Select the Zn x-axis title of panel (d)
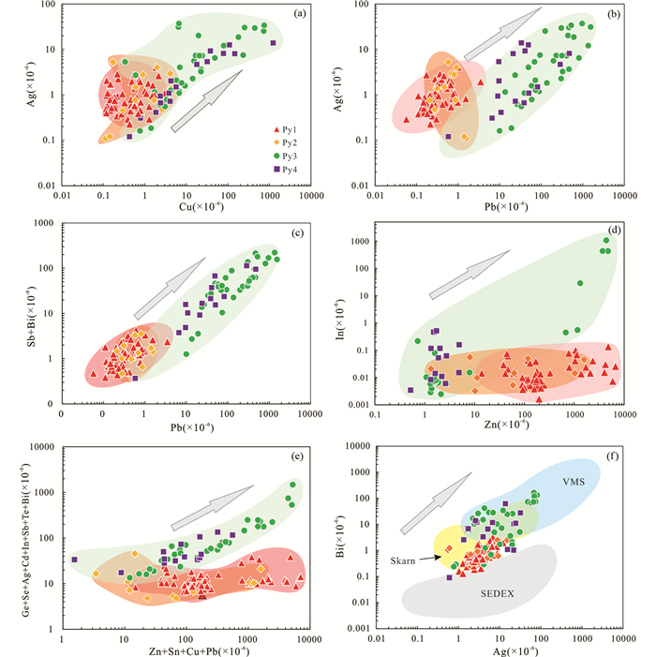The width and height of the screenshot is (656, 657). pyautogui.click(x=495, y=427)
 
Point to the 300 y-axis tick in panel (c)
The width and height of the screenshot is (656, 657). pyautogui.click(x=50, y=222)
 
